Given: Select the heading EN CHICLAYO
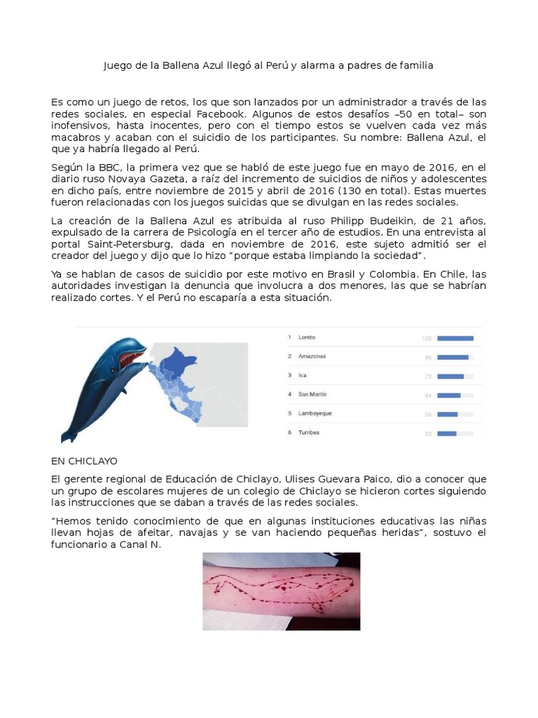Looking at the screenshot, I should click(84, 461).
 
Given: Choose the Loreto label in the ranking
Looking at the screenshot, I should click(307, 338).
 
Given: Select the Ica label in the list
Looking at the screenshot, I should click(303, 376).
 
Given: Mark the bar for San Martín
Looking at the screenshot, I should click(449, 395).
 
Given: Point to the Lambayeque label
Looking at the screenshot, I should click(315, 414).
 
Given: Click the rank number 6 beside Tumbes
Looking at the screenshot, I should click(289, 433).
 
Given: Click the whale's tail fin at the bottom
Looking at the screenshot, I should click(69, 436).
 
